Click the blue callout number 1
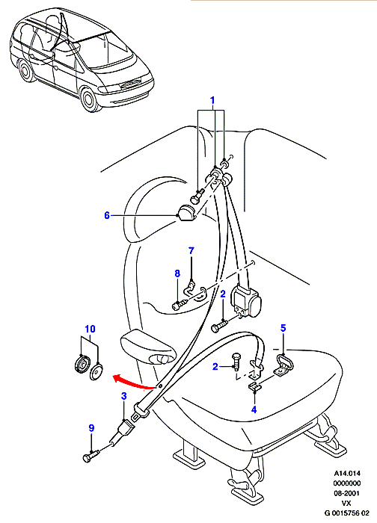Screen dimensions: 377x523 212,100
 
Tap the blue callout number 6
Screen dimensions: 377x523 107,215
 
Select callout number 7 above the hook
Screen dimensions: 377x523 191,251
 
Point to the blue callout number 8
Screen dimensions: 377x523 177,273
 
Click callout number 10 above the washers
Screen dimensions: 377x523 90,329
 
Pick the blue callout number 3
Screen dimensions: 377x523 124,396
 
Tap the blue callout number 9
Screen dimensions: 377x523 91,428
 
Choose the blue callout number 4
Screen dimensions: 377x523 254,409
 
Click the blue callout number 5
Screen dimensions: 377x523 283,328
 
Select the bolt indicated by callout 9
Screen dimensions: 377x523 91,456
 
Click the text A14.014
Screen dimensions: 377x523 347,473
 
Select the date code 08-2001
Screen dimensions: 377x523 347,493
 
